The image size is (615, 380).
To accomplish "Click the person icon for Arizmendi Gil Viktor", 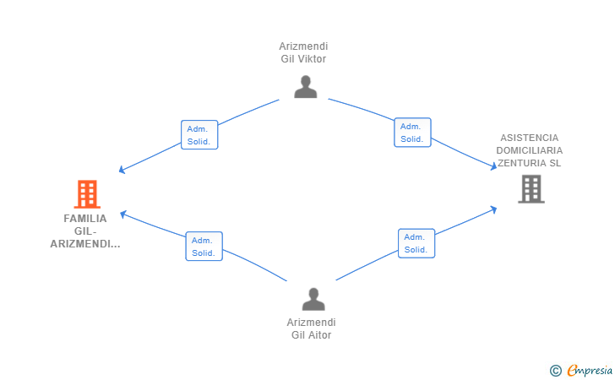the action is [306, 87].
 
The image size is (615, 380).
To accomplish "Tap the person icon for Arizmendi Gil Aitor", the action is [313, 299].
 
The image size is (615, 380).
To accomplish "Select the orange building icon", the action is [87, 194].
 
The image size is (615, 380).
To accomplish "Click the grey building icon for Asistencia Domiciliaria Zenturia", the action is [531, 189].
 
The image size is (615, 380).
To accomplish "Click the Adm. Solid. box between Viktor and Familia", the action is [199, 135].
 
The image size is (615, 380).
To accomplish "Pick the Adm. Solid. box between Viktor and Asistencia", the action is [412, 133].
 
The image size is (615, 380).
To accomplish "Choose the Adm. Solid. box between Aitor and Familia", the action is [204, 247].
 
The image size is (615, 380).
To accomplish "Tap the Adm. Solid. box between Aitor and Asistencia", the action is [416, 243].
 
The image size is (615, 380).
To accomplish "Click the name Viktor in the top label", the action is [312, 59].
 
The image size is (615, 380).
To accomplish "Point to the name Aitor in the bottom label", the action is [320, 335].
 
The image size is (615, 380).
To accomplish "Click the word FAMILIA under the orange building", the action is [85, 219].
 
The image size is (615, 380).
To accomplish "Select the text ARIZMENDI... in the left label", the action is [85, 244].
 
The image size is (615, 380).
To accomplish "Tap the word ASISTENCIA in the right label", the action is [529, 138].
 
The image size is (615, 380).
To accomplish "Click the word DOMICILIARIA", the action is [529, 150].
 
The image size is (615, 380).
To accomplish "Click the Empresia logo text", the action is [590, 370].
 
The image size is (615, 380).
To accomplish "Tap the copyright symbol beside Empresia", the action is [556, 371].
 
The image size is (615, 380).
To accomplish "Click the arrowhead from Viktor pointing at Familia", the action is [122, 170].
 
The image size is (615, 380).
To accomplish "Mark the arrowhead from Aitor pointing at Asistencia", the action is [494, 209].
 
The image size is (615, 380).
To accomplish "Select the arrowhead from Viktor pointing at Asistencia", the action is [494, 166].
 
